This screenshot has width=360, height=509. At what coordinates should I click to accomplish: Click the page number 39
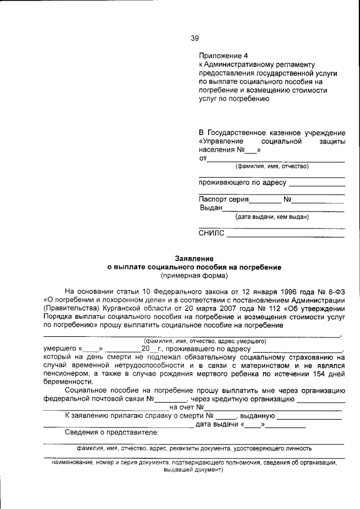194,38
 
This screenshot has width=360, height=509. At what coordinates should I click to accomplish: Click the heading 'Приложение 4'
223,56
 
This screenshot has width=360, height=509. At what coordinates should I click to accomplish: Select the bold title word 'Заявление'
194,258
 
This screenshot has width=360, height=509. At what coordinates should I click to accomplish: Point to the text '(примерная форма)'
194,276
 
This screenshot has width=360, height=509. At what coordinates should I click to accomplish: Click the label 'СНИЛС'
211,233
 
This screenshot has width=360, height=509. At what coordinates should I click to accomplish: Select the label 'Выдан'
211,208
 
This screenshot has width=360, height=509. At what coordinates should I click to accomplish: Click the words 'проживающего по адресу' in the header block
243,182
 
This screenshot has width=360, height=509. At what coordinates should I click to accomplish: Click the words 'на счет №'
186,407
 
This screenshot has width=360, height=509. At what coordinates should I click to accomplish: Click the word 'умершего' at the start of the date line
60,349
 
